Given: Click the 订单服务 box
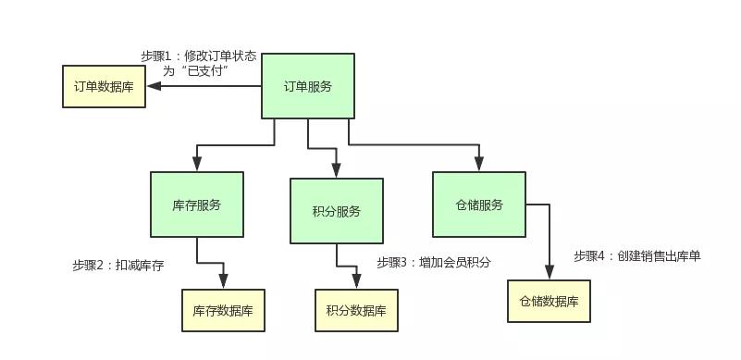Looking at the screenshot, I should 307,86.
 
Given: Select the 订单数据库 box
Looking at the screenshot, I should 104,86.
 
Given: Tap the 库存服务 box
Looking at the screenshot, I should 197,205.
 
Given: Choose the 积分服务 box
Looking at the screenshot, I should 337,211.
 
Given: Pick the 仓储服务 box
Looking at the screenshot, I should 479,205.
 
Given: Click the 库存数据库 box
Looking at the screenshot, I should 224,309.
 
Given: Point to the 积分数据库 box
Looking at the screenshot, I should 357,309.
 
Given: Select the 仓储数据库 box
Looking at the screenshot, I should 549,301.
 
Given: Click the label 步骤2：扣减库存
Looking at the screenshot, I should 117,266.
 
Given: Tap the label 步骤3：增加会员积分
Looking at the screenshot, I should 434,263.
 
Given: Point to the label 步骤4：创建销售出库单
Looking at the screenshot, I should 636,255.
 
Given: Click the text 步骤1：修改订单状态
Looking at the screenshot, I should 199,56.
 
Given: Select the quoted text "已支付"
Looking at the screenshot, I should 207,70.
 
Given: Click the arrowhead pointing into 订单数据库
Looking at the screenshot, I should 154,86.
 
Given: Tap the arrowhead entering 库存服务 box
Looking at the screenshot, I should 197,165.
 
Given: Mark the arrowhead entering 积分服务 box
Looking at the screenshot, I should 336,171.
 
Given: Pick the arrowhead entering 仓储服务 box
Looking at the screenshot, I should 479,165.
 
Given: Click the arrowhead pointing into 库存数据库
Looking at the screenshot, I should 224,281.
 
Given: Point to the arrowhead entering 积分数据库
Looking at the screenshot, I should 357,282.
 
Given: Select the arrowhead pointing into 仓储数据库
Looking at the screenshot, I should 549,273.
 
